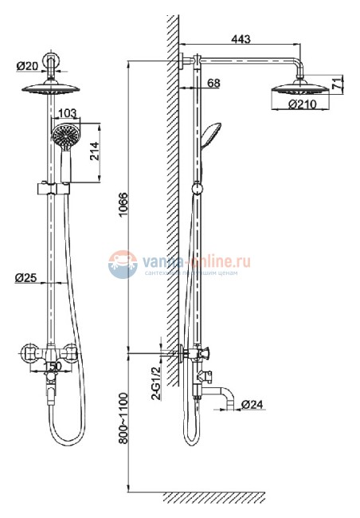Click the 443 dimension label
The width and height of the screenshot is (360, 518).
point(240,36)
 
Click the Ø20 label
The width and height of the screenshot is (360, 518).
point(26,65)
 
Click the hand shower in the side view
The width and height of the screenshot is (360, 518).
point(209,135)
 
